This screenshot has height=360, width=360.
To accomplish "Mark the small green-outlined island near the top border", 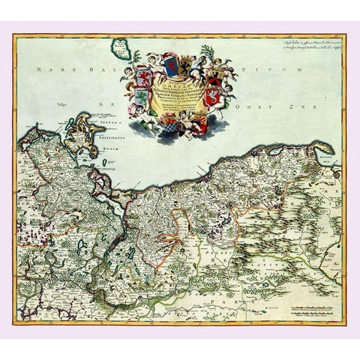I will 121,50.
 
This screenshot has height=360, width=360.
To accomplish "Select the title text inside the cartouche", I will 180,86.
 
